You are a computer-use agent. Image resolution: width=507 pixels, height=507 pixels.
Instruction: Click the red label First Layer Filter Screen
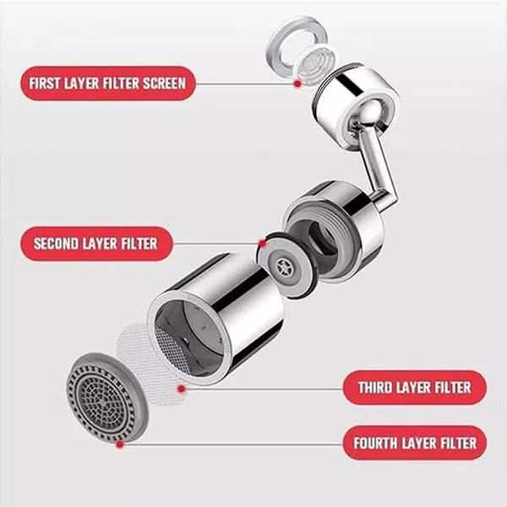pos(106,84)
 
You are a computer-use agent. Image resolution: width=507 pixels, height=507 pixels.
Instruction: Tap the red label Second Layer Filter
pos(95,245)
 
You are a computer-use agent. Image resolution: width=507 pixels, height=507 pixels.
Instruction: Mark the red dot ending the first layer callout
pos(297,84)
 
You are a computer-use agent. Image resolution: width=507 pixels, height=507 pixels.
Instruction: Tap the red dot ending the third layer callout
pos(181,388)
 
